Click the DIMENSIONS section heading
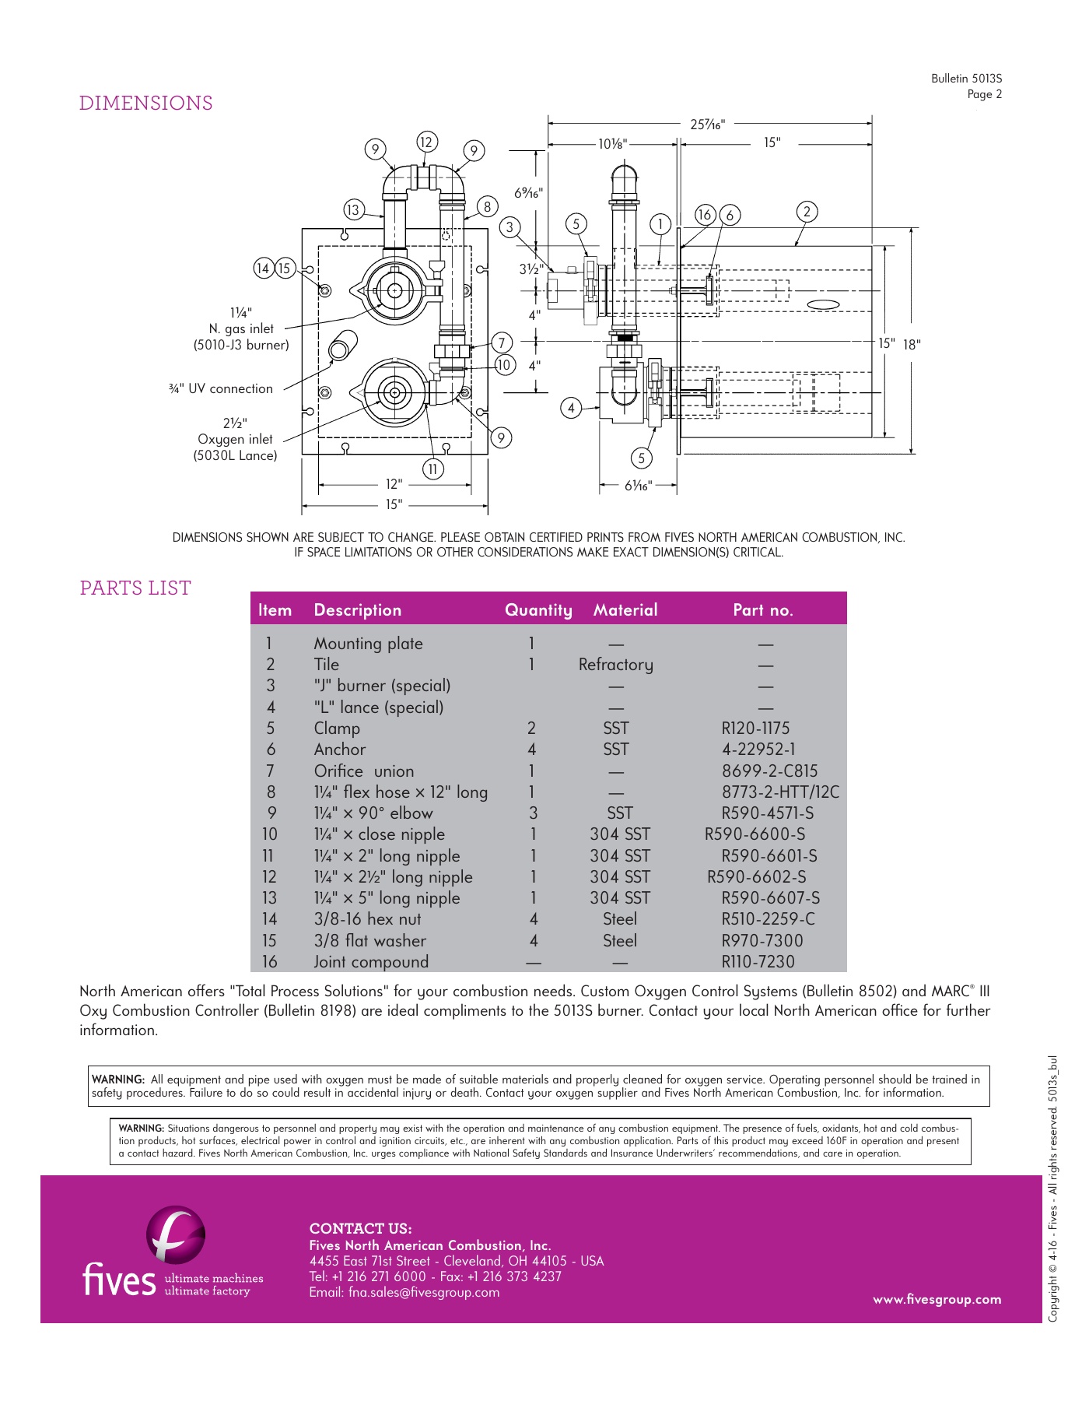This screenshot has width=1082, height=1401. [x=145, y=104]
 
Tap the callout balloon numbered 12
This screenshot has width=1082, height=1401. [x=425, y=142]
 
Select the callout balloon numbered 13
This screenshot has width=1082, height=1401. [x=354, y=209]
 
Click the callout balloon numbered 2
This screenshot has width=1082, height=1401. [x=807, y=211]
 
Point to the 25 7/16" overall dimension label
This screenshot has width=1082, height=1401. [x=707, y=125]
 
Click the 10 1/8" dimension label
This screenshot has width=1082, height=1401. [x=612, y=144]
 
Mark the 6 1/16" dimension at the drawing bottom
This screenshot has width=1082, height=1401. [x=638, y=486]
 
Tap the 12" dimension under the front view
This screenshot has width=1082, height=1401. [x=394, y=484]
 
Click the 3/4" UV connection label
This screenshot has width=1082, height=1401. [x=221, y=388]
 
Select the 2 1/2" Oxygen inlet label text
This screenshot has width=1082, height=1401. [x=235, y=439]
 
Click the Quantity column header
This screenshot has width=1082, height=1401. [x=538, y=610]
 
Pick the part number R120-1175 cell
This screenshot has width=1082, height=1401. [x=755, y=729]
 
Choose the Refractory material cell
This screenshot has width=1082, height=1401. [x=615, y=665]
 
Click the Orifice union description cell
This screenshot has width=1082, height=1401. [x=363, y=771]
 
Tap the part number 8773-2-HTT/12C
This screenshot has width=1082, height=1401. [x=780, y=792]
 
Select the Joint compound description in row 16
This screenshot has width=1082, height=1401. [x=371, y=962]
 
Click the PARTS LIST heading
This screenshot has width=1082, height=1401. [x=135, y=588]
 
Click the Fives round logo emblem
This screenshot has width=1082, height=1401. [x=176, y=1235]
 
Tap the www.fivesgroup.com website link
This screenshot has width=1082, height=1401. [x=937, y=1299]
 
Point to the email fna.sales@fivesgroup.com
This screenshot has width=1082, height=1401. [x=404, y=1292]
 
